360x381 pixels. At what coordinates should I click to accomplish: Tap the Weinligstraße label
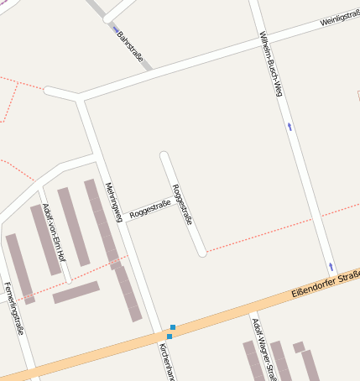point(339,19)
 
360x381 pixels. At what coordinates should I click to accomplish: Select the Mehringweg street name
point(114,202)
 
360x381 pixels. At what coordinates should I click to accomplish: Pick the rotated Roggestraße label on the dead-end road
point(183,204)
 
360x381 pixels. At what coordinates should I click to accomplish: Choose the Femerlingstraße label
point(12,309)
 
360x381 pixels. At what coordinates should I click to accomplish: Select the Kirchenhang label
point(166,362)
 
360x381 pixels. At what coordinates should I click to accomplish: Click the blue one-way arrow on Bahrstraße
point(116,29)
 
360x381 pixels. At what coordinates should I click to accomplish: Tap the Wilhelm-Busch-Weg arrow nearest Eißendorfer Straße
point(331,266)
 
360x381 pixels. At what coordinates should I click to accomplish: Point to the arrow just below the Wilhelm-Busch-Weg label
point(290,128)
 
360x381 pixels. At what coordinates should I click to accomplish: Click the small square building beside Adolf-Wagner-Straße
point(299,347)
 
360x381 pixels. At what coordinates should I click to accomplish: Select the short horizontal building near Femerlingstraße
point(76,292)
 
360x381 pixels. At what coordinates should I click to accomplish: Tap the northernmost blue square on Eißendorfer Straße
point(173,326)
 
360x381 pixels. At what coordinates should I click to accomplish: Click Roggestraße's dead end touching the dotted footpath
point(201,251)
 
